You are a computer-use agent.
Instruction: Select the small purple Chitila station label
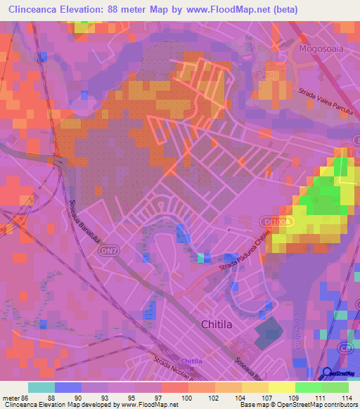(191, 361)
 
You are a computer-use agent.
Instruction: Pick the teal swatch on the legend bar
(41, 387)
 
